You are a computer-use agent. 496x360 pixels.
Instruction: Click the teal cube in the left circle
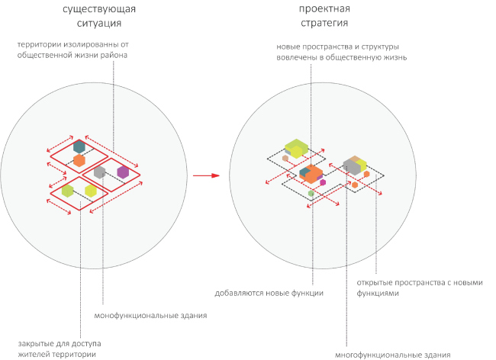(79, 146)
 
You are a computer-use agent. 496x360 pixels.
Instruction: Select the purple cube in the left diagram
(123, 172)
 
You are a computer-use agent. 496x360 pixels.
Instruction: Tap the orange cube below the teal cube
(79, 160)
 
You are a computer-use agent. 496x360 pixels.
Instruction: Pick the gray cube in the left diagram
(99, 172)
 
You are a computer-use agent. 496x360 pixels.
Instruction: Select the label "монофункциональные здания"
(150, 315)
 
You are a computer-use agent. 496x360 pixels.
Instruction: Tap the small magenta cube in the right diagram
(323, 182)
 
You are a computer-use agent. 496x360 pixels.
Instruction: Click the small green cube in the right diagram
(311, 194)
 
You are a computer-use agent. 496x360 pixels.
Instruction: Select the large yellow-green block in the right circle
(296, 146)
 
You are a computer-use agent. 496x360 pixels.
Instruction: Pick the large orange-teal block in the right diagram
(311, 172)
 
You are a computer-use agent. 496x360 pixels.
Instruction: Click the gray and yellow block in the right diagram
(355, 164)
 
